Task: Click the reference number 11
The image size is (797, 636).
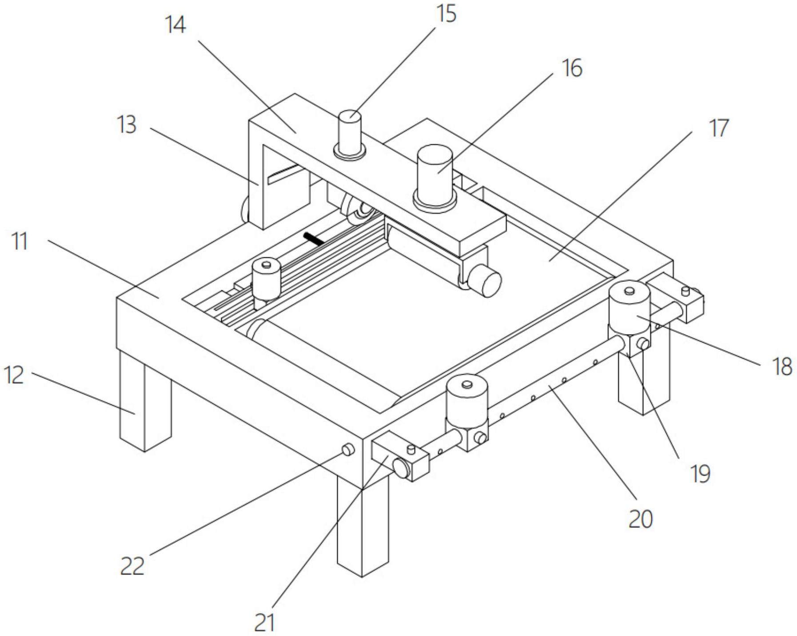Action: (x=19, y=242)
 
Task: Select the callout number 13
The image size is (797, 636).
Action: (x=127, y=125)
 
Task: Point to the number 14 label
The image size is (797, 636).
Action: (x=175, y=25)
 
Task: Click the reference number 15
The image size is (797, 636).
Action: (x=446, y=14)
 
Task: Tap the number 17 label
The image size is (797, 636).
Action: (x=718, y=128)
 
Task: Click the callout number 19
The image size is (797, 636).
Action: (x=700, y=473)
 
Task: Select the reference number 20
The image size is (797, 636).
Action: (x=640, y=518)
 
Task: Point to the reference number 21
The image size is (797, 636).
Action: (x=265, y=622)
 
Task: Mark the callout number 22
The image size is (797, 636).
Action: (x=132, y=566)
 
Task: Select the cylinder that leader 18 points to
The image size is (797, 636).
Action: (x=629, y=309)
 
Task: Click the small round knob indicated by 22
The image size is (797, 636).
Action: (x=347, y=450)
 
